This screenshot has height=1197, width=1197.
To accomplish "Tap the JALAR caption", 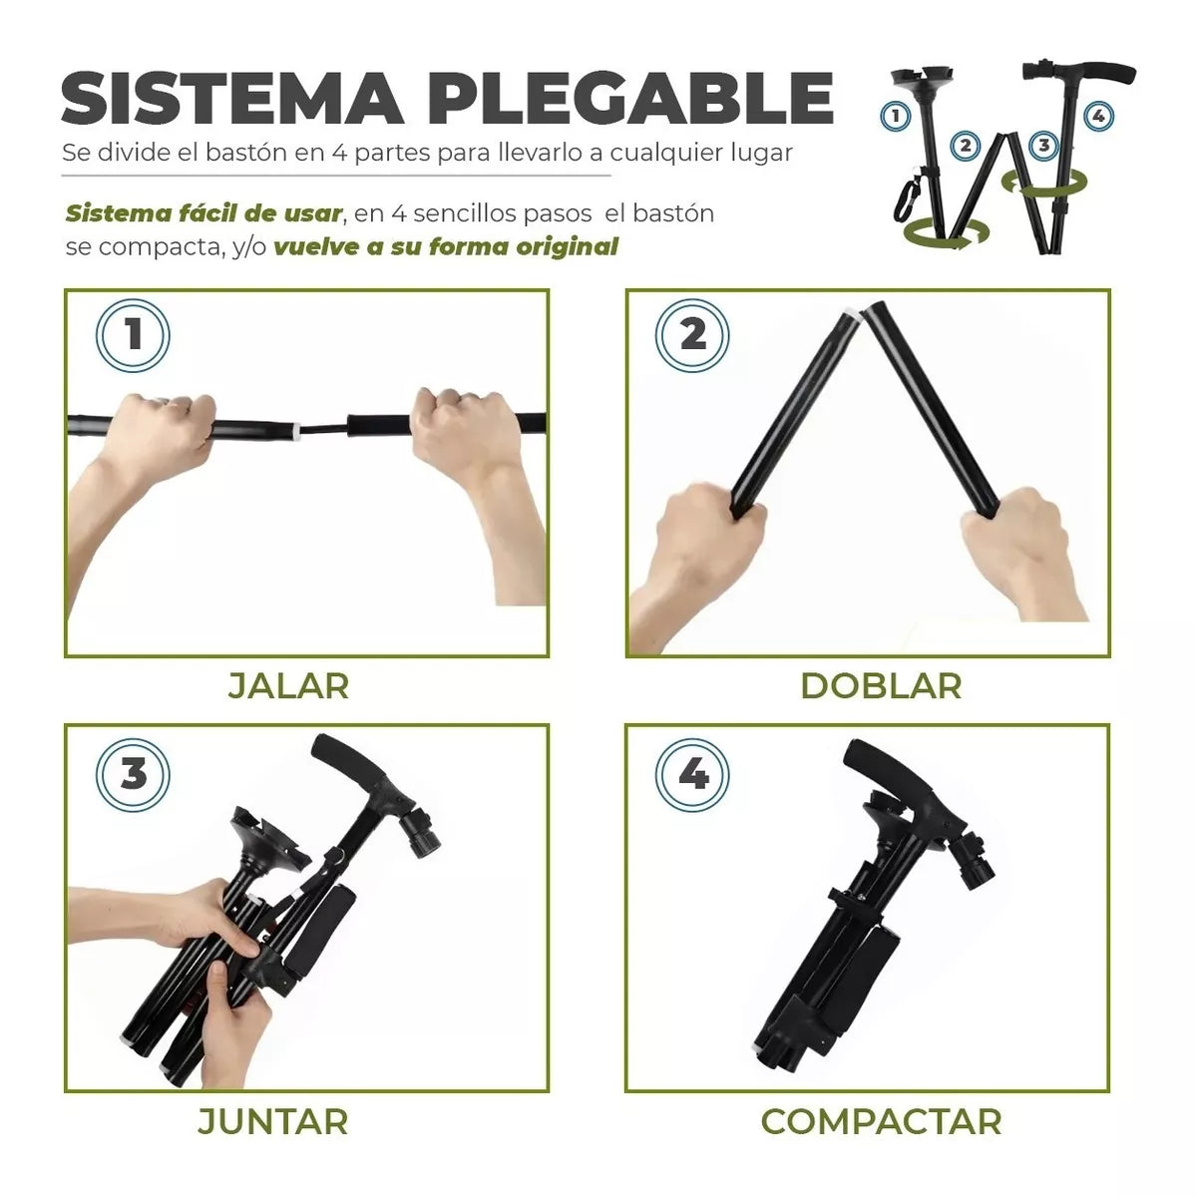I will [x=288, y=686].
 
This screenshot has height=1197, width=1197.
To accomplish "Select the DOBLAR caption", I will [x=881, y=686].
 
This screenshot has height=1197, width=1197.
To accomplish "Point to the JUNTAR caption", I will [x=272, y=1121].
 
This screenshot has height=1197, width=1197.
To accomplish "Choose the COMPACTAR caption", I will [x=881, y=1121].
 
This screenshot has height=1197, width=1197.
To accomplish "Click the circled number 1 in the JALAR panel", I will [x=133, y=336].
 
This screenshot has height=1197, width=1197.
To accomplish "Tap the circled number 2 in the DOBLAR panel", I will [x=692, y=336].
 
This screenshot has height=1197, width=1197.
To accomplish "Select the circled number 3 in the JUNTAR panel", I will [x=133, y=774].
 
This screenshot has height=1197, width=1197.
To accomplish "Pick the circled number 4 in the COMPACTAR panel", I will [x=692, y=774].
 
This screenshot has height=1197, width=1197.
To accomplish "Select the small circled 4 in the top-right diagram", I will [x=1098, y=116].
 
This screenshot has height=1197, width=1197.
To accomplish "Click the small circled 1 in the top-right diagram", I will [x=895, y=116].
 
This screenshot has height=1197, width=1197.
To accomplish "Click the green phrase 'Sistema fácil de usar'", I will [x=202, y=213].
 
